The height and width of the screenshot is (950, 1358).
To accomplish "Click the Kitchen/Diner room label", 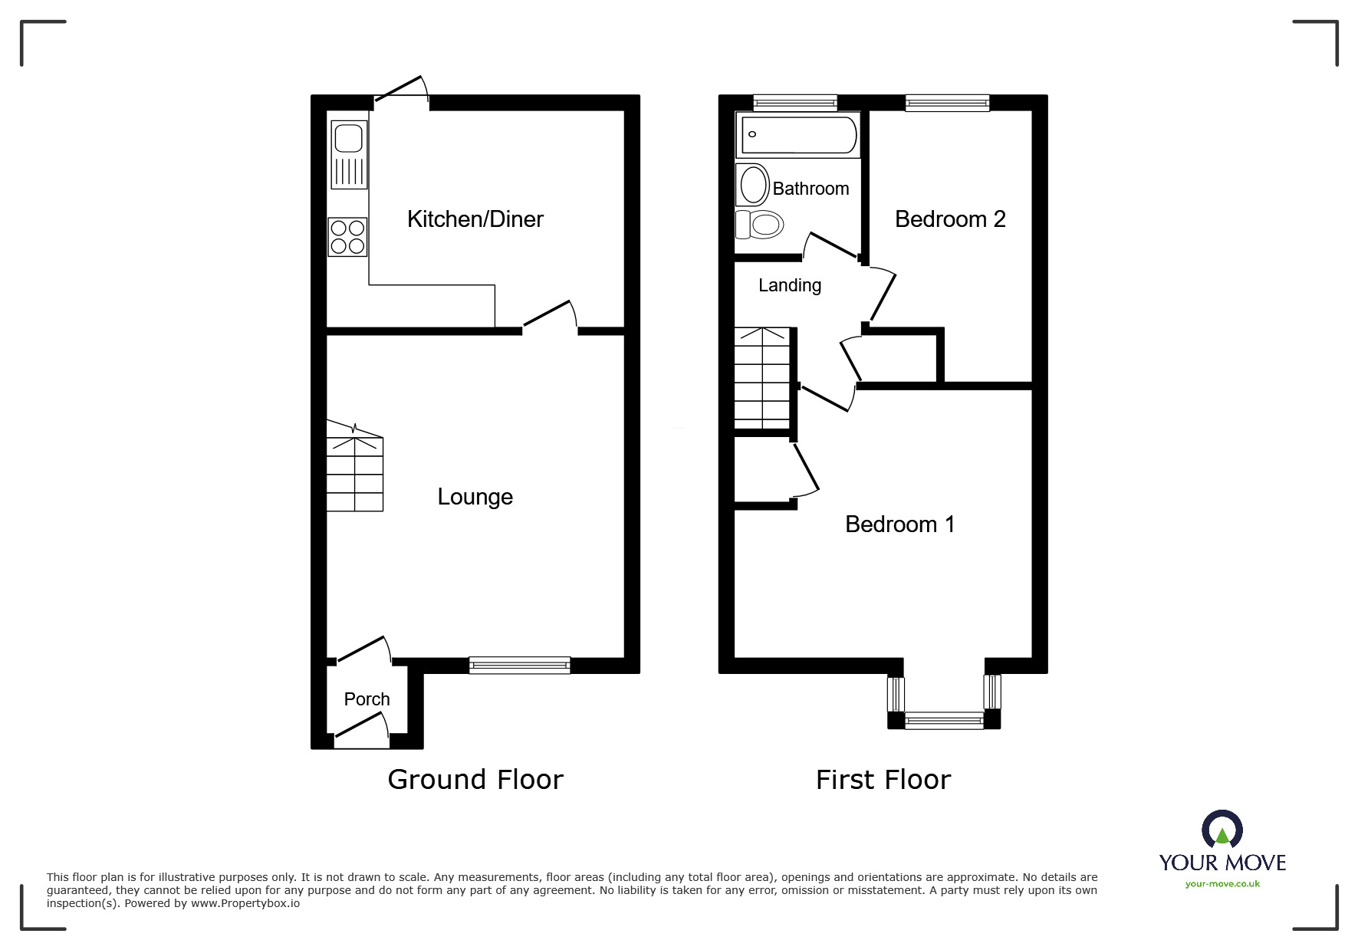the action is coord(475,219).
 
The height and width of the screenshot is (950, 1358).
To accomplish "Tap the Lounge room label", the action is coord(475,497).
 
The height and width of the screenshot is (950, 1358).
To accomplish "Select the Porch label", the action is coord(367,699).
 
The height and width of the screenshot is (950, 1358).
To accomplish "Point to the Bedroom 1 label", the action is coord(899,524).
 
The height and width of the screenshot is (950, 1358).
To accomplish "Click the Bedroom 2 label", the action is coord(950,219).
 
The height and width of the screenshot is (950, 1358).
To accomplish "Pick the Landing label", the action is coord(790,286).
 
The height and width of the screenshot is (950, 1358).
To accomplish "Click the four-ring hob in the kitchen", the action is coord(348,237).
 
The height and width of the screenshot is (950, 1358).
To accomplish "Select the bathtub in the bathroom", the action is coord(798,135).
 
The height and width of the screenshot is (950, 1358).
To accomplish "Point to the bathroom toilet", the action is coord(759,225).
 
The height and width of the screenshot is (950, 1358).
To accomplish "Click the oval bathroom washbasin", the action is coord(754,185).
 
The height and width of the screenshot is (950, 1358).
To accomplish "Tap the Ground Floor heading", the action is coord(475,780).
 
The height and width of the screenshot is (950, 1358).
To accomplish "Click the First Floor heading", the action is coord(883,780).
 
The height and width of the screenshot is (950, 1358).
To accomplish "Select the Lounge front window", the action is coord(520,665).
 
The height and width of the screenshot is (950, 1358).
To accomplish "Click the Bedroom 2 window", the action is coord(948,103).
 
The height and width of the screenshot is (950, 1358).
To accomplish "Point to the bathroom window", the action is coord(795,103).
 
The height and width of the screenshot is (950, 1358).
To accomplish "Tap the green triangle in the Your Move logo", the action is coord(1222,836).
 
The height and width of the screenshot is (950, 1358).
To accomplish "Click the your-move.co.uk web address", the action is coord(1222,884).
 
